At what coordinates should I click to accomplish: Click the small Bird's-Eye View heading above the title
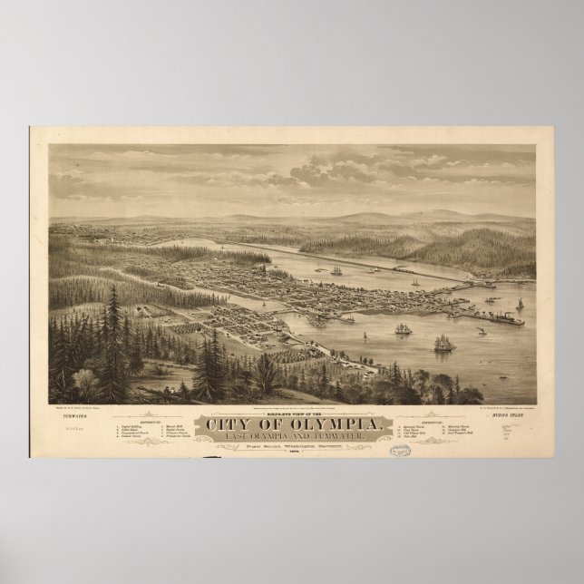pos(291,389)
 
